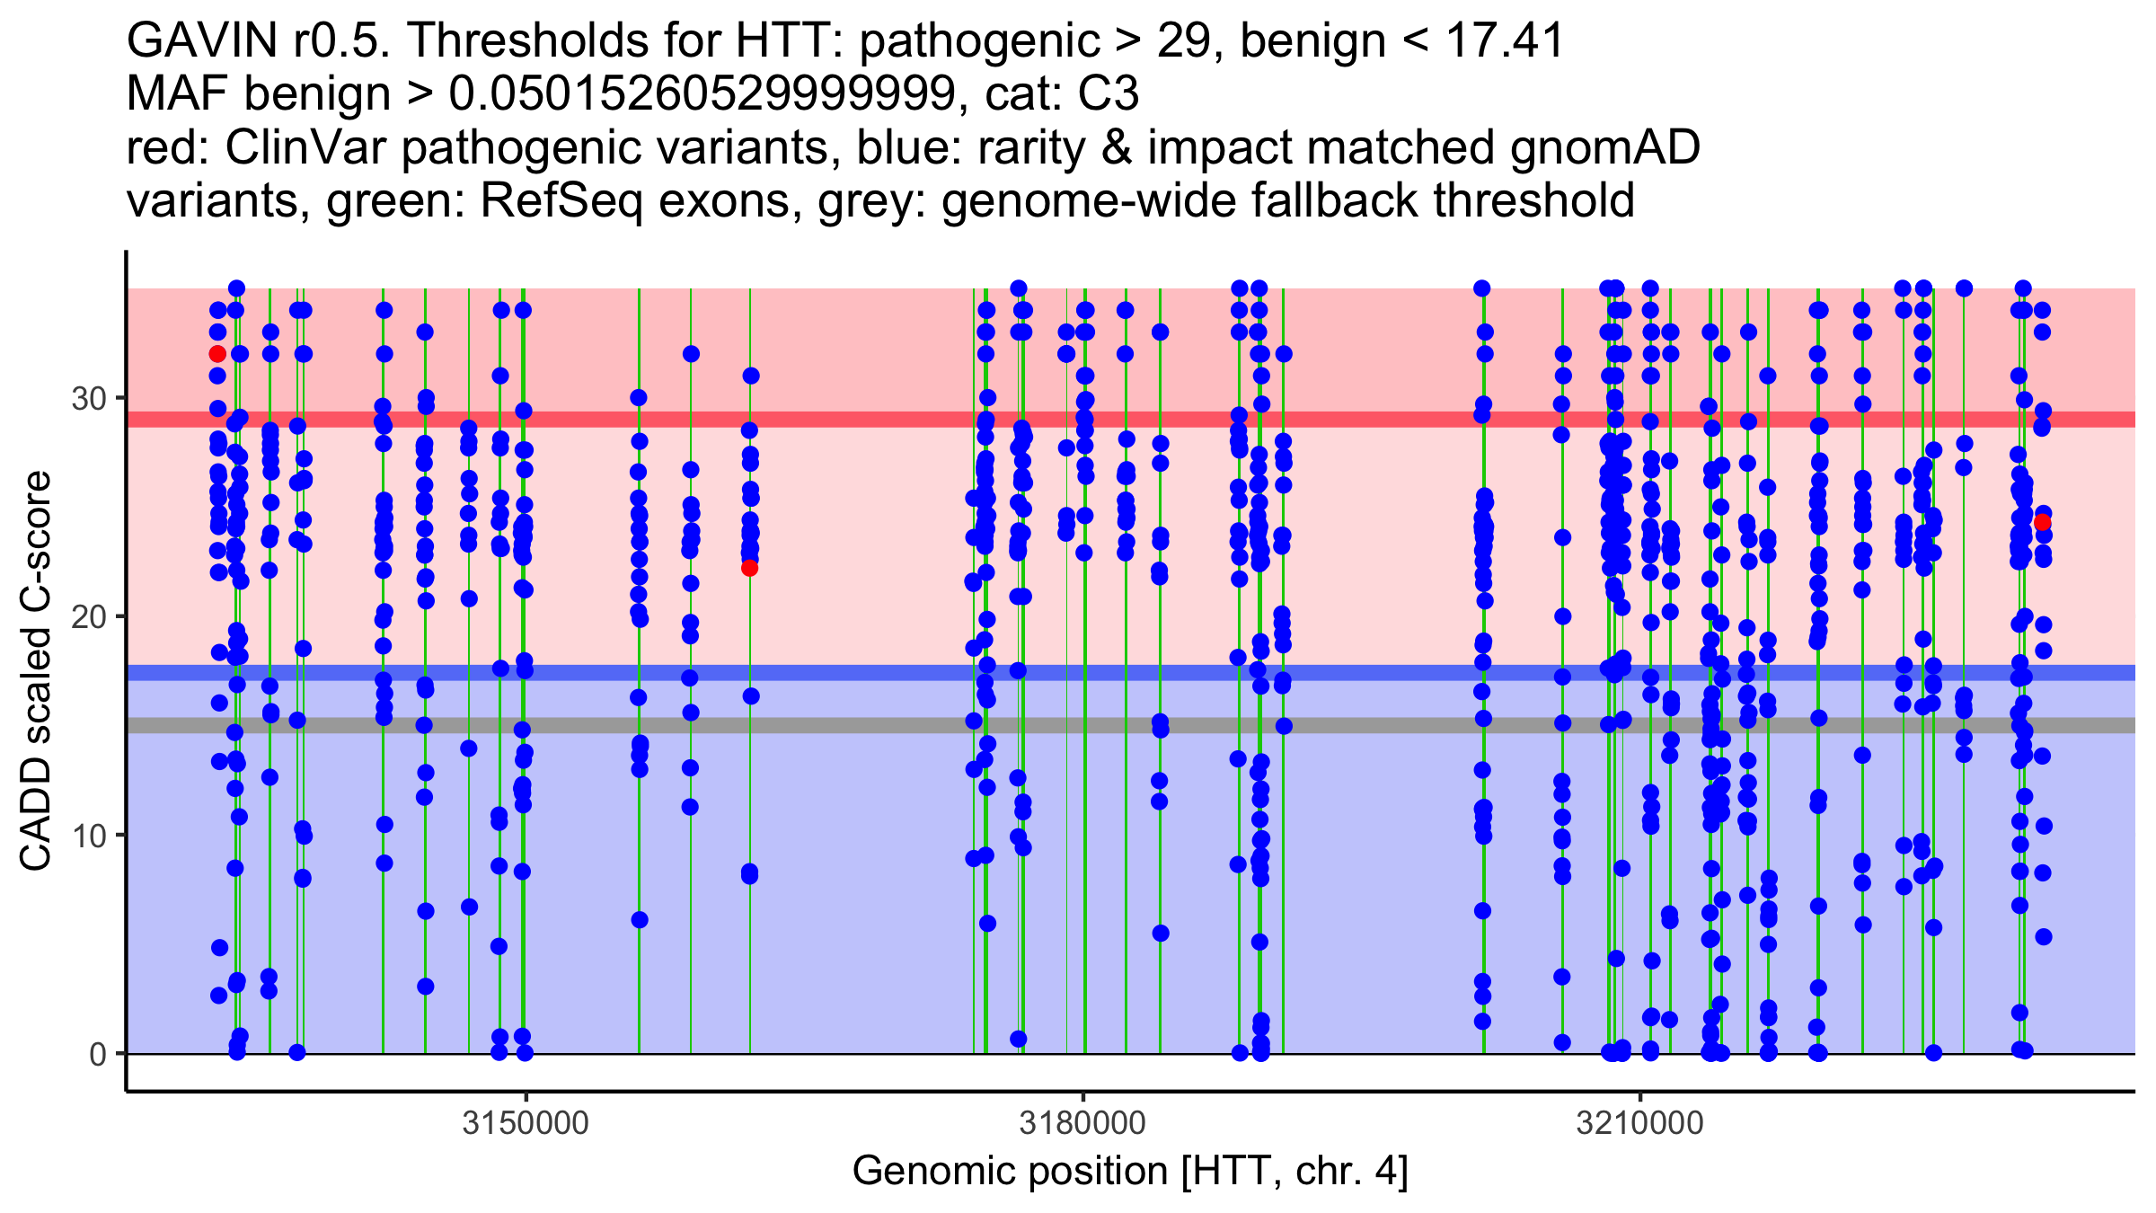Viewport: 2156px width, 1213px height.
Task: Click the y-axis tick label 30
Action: pos(89,398)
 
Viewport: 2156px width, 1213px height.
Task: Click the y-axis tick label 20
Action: pos(89,617)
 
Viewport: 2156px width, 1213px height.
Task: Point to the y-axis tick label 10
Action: pos(89,836)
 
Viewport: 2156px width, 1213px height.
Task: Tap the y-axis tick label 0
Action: pos(98,1054)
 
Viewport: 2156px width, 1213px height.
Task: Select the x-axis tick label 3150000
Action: pos(526,1123)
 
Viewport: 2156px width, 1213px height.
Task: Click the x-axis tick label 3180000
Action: pos(1082,1123)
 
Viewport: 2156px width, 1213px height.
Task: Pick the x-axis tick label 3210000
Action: pos(1640,1123)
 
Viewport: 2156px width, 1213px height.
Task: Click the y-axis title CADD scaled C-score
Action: pos(36,672)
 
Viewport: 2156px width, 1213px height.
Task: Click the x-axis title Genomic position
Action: pos(1130,1172)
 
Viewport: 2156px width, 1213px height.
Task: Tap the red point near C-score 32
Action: pos(217,354)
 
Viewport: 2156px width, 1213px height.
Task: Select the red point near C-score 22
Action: pos(749,568)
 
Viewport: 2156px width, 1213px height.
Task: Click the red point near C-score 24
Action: pos(2042,523)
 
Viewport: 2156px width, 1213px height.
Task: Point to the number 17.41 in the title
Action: pos(1505,40)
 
